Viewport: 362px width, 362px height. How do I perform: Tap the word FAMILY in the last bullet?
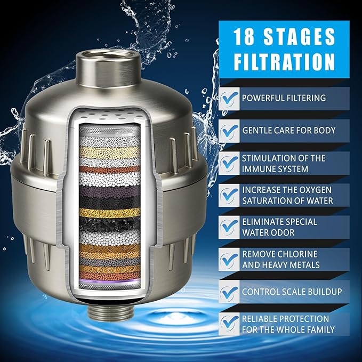(x=320, y=329)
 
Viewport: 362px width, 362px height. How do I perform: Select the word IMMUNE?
(x=260, y=168)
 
